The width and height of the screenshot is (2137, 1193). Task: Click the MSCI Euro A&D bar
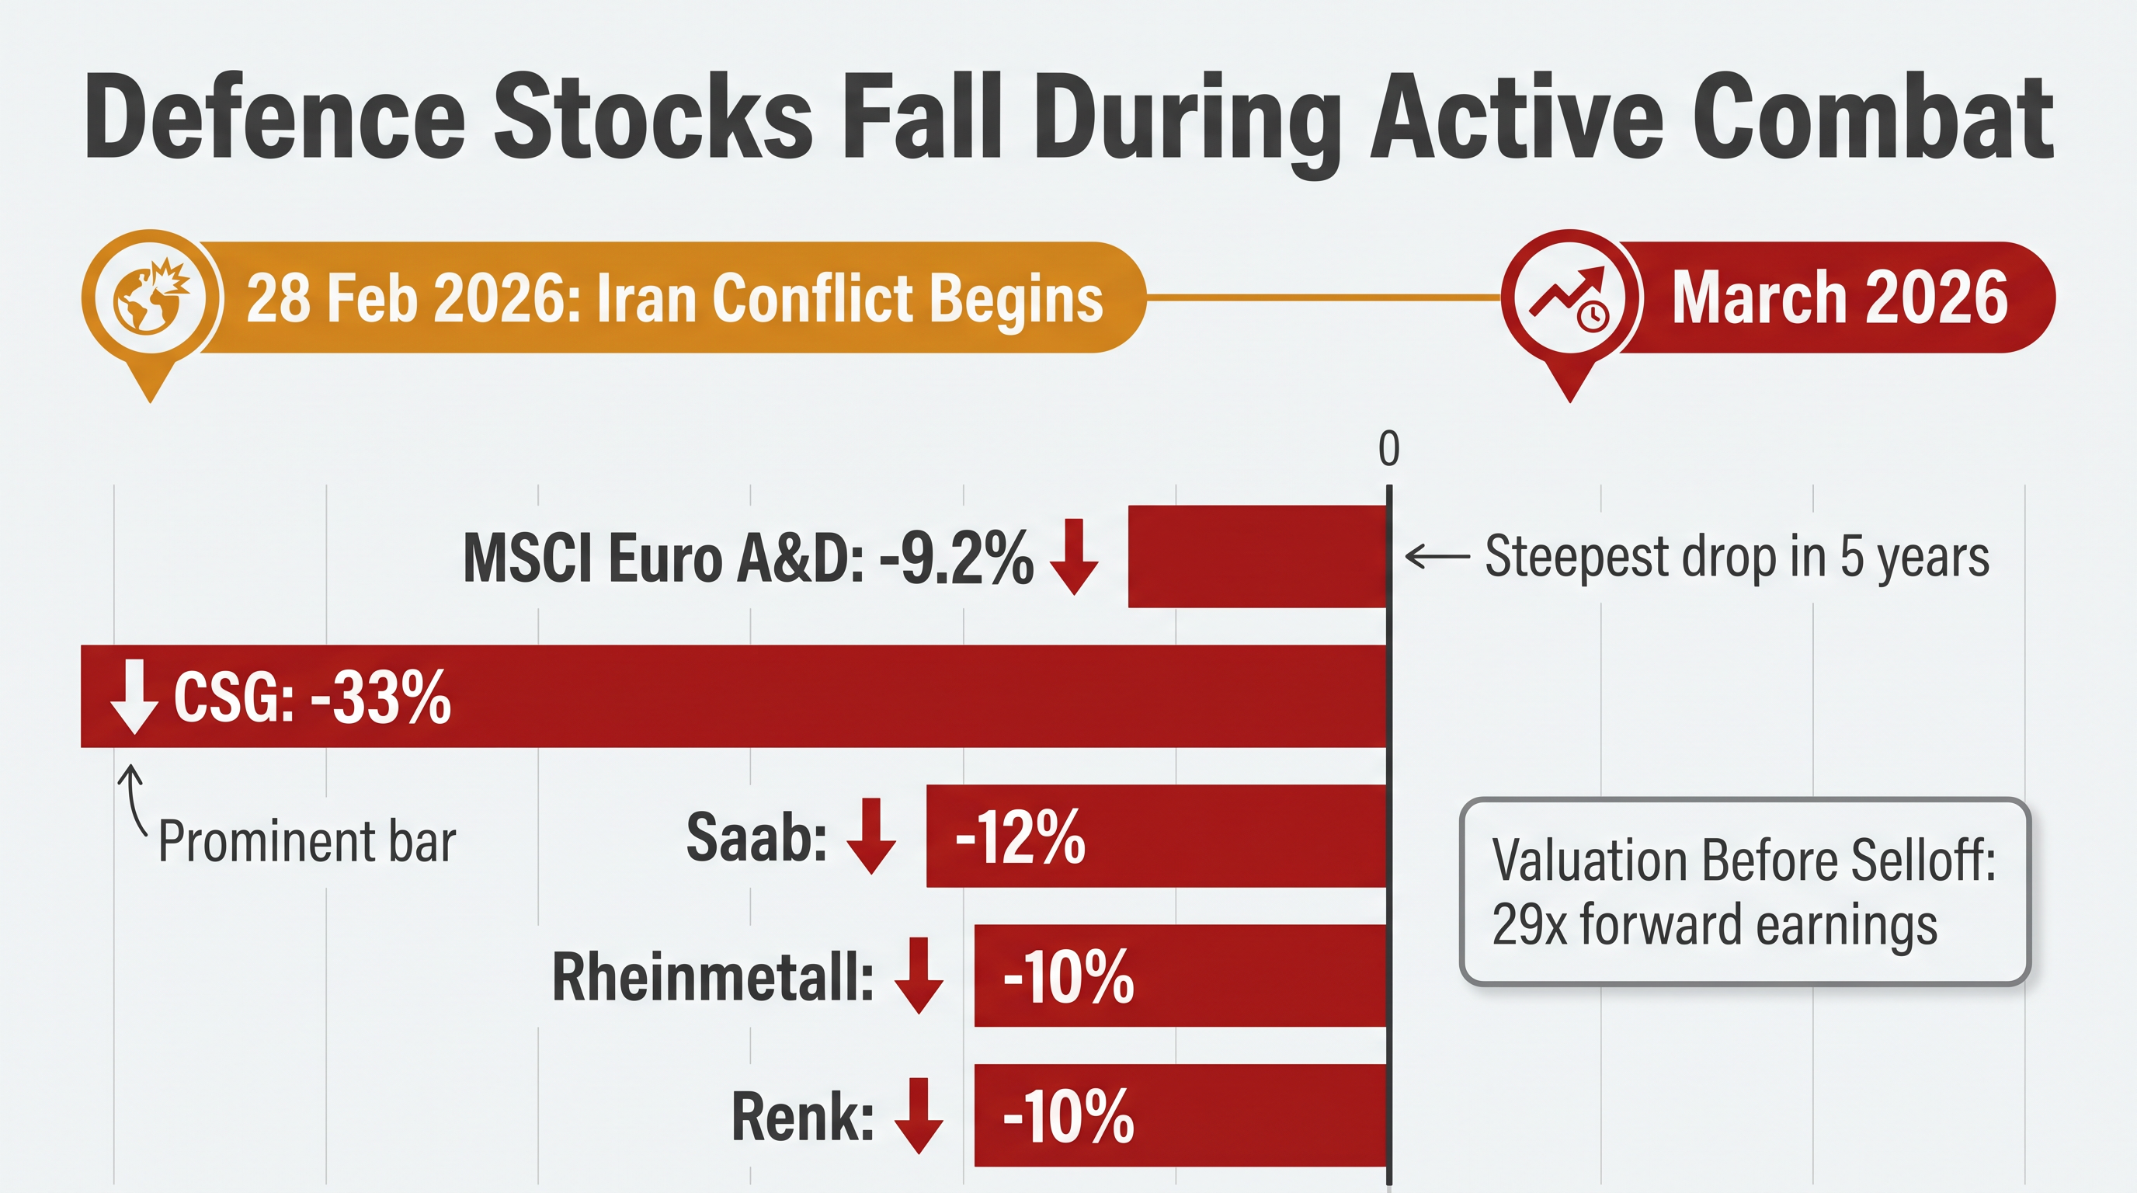point(1257,556)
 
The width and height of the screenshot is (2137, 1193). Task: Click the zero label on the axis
point(1388,449)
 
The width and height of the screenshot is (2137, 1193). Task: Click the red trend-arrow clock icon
point(1569,297)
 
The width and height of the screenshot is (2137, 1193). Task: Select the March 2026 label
point(1838,297)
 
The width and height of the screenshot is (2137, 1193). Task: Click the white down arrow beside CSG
point(134,697)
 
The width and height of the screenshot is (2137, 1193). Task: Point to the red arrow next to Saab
point(871,836)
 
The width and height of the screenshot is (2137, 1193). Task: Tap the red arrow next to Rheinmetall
point(919,975)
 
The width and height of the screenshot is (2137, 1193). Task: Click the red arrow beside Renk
point(919,1115)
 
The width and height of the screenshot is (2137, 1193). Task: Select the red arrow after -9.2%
point(1074,556)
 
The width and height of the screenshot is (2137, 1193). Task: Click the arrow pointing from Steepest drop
point(1437,556)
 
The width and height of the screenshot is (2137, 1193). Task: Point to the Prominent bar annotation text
point(307,841)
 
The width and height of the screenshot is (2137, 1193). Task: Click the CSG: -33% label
point(312,697)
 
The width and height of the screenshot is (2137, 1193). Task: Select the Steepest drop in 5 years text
point(1736,556)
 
